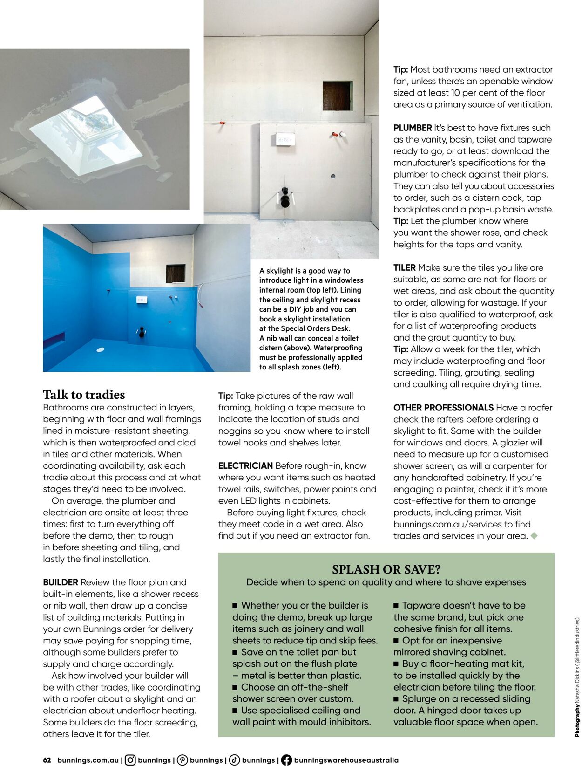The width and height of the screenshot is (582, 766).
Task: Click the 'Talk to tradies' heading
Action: coord(84,395)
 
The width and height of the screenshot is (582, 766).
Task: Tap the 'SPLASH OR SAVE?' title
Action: coord(386,569)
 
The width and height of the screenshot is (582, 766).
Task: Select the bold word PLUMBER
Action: coord(413,128)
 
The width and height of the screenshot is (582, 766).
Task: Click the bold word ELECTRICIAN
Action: coord(245,465)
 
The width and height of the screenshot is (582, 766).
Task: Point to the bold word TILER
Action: coord(404,267)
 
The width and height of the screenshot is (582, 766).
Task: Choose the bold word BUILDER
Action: coord(61,582)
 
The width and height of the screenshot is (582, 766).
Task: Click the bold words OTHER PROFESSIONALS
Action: coord(443,407)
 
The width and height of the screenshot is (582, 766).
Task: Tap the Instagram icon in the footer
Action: coord(130,760)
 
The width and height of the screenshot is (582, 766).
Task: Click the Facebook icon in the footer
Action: coord(286,760)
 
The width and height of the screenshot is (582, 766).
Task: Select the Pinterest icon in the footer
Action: coord(183,760)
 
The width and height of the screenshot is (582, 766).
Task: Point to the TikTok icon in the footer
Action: coord(235,760)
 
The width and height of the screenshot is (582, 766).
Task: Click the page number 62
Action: coord(47,760)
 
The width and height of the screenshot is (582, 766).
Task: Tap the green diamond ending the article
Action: coord(534,536)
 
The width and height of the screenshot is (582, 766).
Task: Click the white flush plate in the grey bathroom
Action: coord(285,139)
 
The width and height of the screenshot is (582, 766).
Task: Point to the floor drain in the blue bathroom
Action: coord(101,349)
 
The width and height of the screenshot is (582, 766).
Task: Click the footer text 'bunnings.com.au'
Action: coord(88,760)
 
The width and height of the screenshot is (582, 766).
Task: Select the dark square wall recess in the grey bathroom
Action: coord(337,96)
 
